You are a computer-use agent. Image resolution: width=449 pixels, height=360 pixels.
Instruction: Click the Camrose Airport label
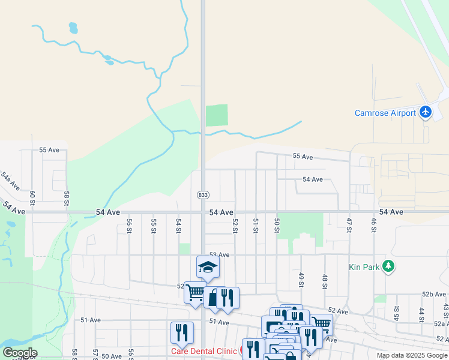[385, 113]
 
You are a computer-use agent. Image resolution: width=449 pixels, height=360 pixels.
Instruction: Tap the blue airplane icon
[426, 112]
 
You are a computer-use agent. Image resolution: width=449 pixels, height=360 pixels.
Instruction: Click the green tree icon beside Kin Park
[388, 266]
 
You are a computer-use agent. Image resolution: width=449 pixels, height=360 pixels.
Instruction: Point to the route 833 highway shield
[203, 195]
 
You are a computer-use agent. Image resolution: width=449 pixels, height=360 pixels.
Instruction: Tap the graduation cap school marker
[208, 267]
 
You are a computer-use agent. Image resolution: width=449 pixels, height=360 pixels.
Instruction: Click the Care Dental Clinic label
[205, 351]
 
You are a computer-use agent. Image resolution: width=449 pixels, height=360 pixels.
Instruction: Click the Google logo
[19, 353]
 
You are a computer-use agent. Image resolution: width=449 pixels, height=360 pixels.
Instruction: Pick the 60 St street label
[32, 197]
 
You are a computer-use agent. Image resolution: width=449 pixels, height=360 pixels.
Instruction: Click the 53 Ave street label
[219, 255]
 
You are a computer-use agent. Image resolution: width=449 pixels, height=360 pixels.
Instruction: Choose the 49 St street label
[300, 279]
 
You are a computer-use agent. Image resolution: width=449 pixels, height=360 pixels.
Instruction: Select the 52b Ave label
[435, 294]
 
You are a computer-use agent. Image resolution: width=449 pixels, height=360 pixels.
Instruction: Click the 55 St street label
[154, 225]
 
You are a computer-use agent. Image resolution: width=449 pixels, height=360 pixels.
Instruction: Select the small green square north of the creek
[217, 115]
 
